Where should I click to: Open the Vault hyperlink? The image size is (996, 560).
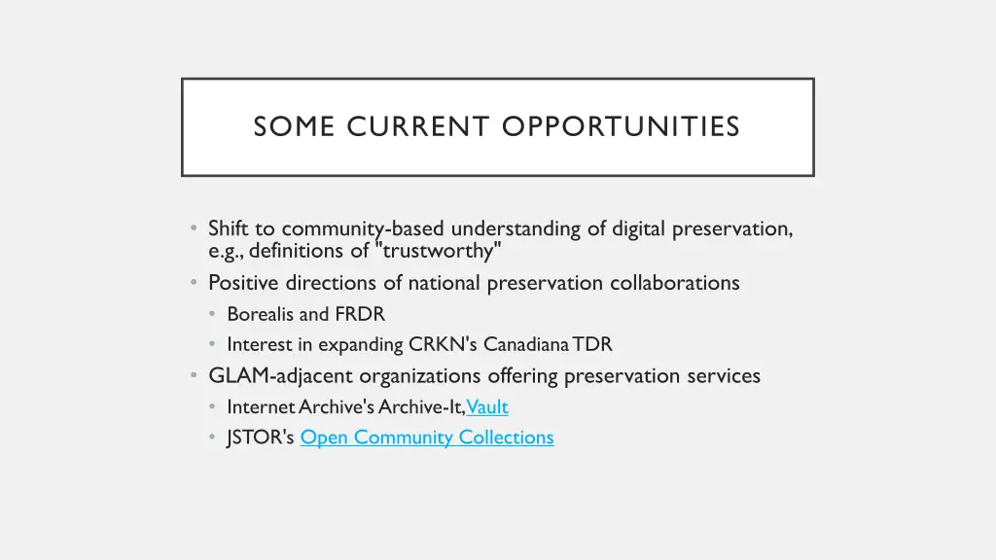coord(487,407)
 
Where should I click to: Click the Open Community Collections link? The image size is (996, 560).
coord(427,437)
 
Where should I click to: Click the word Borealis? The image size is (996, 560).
coord(260,314)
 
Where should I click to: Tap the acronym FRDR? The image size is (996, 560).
coord(360,314)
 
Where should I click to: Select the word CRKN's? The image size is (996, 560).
coord(444,344)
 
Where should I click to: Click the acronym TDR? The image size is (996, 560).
coord(592,344)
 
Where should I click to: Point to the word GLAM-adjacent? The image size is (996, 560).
coord(281,376)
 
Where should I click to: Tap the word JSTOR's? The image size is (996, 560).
coord(260,437)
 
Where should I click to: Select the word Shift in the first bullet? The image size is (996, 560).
coord(229,229)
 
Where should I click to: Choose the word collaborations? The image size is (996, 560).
coord(675,283)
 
